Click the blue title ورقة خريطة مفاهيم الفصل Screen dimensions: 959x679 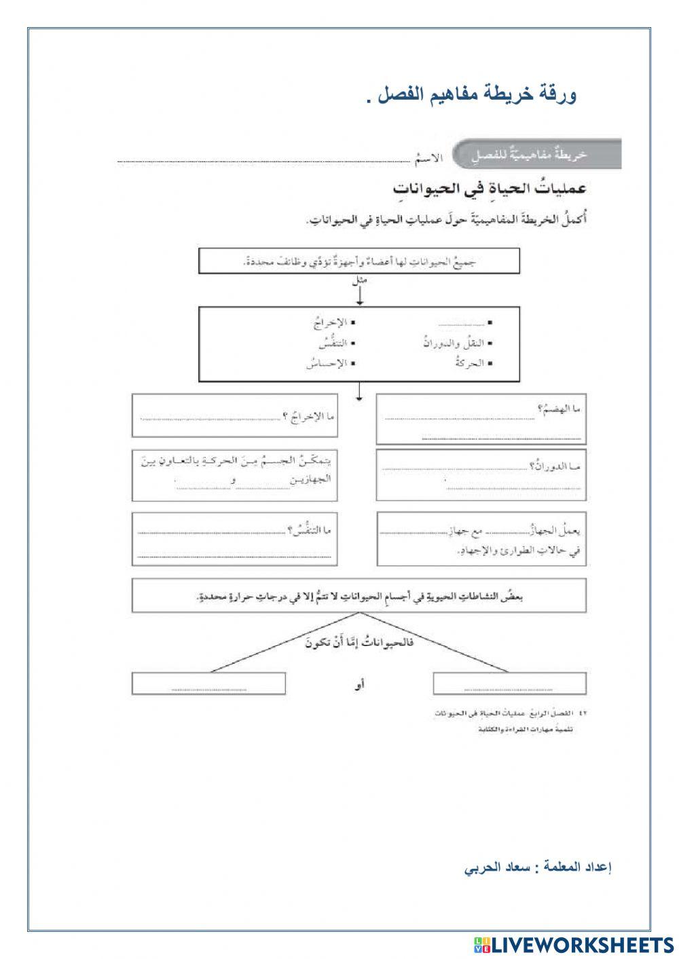point(471,95)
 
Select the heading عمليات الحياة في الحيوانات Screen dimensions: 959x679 point(489,188)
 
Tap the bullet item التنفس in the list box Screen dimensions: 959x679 point(333,343)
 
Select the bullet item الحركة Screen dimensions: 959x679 point(471,364)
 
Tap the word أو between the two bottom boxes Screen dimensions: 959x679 point(360,685)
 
